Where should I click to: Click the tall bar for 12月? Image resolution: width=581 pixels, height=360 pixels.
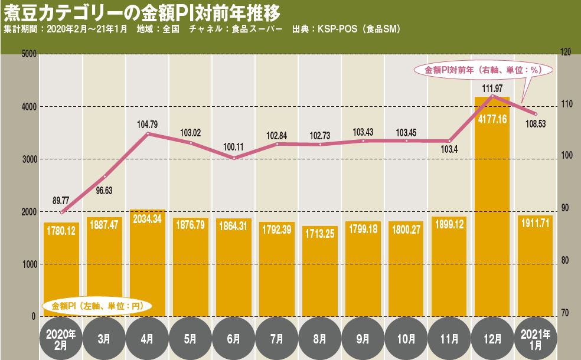[x=492, y=207]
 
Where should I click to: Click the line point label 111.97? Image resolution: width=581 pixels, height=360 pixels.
[x=492, y=89]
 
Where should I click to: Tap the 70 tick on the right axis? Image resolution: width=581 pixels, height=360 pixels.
[x=564, y=313]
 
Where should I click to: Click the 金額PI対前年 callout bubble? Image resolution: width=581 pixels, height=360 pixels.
[x=483, y=70]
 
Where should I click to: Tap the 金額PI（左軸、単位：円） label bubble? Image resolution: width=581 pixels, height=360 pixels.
[x=98, y=306]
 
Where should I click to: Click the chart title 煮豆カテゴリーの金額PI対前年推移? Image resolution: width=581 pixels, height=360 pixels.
[x=142, y=12]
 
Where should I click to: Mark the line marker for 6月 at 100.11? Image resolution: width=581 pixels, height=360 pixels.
[x=234, y=158]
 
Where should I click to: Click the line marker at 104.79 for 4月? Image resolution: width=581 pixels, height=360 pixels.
[x=148, y=134]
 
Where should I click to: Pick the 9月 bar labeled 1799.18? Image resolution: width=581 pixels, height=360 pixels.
[x=363, y=269]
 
